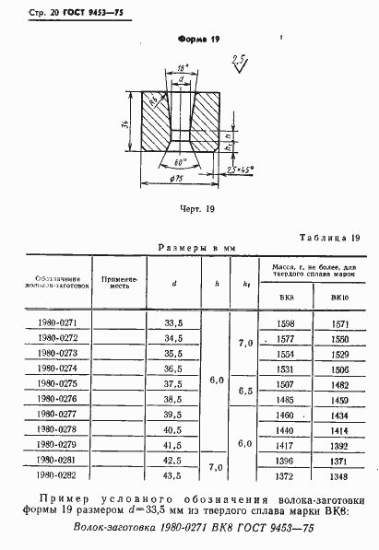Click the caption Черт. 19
tap(195, 209)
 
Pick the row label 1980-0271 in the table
tap(53, 323)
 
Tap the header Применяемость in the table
tap(119, 282)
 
